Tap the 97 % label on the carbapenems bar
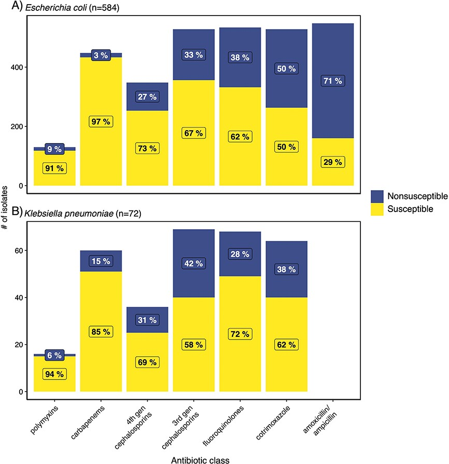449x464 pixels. (x=101, y=121)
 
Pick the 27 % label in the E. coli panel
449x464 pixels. (x=148, y=96)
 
